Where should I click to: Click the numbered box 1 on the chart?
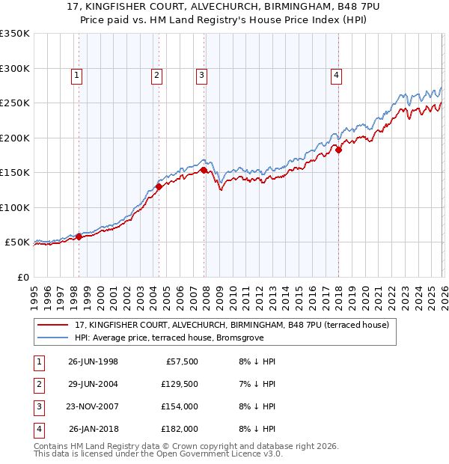pos(78,75)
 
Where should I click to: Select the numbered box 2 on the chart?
pos(156,75)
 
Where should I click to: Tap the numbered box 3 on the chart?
pos(202,75)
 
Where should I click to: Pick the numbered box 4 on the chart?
pos(337,75)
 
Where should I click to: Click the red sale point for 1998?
pos(79,237)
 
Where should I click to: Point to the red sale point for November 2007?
pos(204,171)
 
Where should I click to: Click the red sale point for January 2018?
pos(338,150)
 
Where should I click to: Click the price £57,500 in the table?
pos(182,361)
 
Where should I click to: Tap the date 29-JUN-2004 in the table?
pos(93,384)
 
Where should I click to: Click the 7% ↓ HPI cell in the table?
pos(257,384)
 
